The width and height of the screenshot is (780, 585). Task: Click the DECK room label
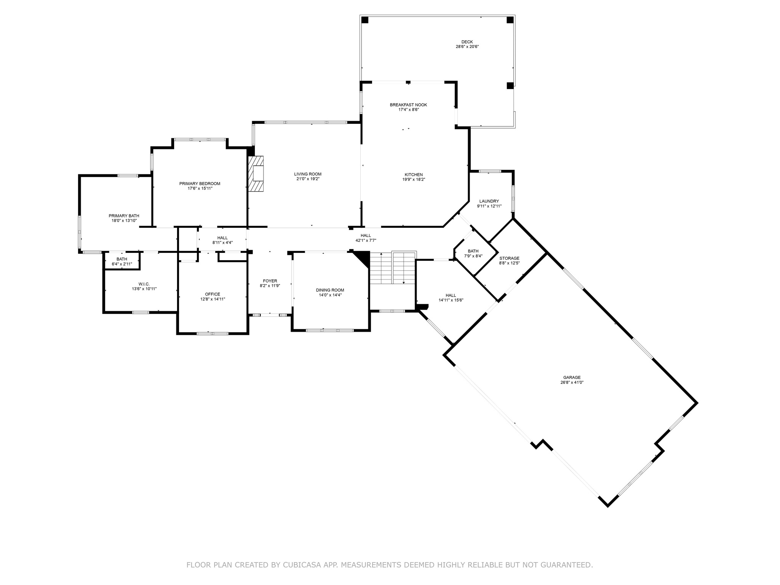(x=467, y=42)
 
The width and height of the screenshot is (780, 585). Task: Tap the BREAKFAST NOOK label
(x=408, y=105)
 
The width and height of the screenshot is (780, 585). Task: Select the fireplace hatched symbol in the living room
(x=257, y=174)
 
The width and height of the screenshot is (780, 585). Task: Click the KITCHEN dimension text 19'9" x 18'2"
(x=414, y=179)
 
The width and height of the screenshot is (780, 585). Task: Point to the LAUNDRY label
(x=489, y=201)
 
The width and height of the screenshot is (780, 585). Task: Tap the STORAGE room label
(x=509, y=258)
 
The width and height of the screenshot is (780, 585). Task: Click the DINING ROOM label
(x=330, y=290)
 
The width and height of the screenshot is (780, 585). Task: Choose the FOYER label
(x=270, y=281)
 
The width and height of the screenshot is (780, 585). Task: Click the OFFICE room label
(x=213, y=294)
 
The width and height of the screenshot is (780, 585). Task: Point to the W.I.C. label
(x=144, y=284)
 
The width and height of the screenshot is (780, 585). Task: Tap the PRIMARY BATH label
(x=124, y=216)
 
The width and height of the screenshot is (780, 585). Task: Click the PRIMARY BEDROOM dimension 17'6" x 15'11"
(x=200, y=189)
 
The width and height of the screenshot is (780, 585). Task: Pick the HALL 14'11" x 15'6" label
(x=451, y=295)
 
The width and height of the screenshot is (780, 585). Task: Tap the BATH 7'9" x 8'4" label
(x=473, y=251)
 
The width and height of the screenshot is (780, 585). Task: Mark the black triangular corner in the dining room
(x=364, y=257)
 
